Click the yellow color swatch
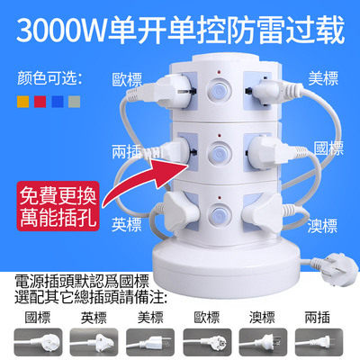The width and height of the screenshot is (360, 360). click(x=22, y=102)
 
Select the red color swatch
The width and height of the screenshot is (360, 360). click(x=40, y=102)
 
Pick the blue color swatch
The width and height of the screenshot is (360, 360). click(x=58, y=102)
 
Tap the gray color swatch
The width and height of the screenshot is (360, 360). click(x=75, y=102)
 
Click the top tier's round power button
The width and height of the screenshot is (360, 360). click(x=219, y=90)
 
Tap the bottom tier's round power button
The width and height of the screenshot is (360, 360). click(x=220, y=214)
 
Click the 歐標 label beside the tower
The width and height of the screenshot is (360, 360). click(x=127, y=79)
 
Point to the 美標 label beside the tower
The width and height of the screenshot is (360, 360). click(x=323, y=78)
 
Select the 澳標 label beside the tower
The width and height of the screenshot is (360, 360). click(x=322, y=226)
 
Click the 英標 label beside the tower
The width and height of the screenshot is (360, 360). click(x=127, y=224)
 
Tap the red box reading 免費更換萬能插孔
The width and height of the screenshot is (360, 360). click(x=58, y=206)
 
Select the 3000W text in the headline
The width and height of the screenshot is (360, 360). click(x=62, y=31)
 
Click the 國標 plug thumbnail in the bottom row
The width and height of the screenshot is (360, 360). click(x=39, y=342)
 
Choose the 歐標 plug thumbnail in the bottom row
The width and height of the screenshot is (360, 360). click(x=207, y=342)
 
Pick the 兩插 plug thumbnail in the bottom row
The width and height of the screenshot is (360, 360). click(x=319, y=342)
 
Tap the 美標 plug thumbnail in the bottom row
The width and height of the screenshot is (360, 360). click(x=150, y=342)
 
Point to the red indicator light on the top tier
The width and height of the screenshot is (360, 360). click(x=219, y=72)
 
